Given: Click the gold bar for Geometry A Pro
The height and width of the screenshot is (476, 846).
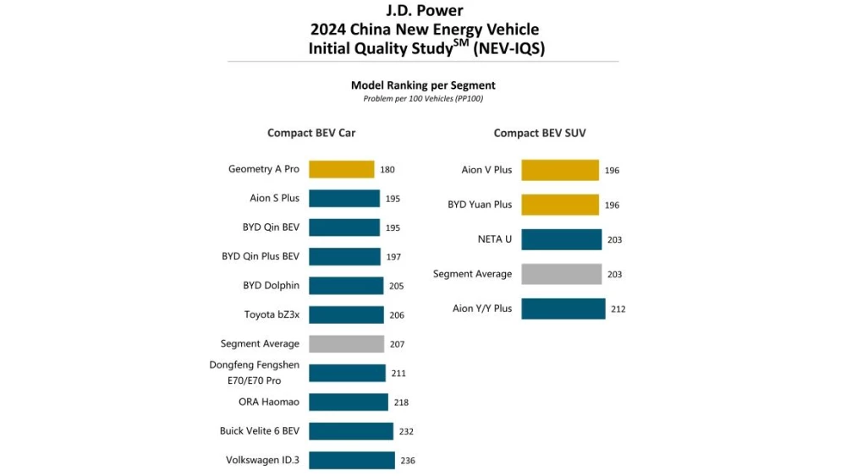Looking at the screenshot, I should (x=341, y=169).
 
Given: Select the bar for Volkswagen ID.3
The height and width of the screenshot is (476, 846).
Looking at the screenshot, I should (x=351, y=461).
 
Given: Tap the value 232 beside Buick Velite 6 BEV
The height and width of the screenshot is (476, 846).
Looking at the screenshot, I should (x=406, y=431).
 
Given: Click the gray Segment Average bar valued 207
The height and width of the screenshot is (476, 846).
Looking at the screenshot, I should (x=346, y=344).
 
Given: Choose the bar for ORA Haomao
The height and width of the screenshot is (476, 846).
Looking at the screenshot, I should (x=348, y=402).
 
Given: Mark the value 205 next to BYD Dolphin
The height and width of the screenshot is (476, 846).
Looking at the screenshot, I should (x=396, y=286).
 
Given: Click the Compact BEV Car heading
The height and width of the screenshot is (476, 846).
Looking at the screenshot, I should (x=311, y=133).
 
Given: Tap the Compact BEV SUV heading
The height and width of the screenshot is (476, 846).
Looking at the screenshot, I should (x=540, y=133).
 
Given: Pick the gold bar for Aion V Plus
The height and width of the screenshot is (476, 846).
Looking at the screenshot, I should (x=559, y=170).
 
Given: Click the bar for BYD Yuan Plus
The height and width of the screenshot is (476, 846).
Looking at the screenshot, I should (x=559, y=205).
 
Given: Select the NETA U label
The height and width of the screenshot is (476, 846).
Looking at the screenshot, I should (x=495, y=239).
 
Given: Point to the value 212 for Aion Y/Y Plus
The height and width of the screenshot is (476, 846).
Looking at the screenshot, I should (x=618, y=309).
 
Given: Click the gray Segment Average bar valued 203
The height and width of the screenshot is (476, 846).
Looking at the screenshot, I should (x=561, y=274).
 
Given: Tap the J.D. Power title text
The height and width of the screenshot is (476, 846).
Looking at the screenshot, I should (x=423, y=11).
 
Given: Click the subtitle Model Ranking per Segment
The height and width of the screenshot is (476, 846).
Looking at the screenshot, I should (x=423, y=85).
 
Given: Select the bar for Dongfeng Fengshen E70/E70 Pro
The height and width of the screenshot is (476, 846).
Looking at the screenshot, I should (x=347, y=373).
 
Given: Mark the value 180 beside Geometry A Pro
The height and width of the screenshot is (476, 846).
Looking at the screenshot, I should (x=387, y=169).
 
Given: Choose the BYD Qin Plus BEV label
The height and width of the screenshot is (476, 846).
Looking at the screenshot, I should (x=261, y=256).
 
